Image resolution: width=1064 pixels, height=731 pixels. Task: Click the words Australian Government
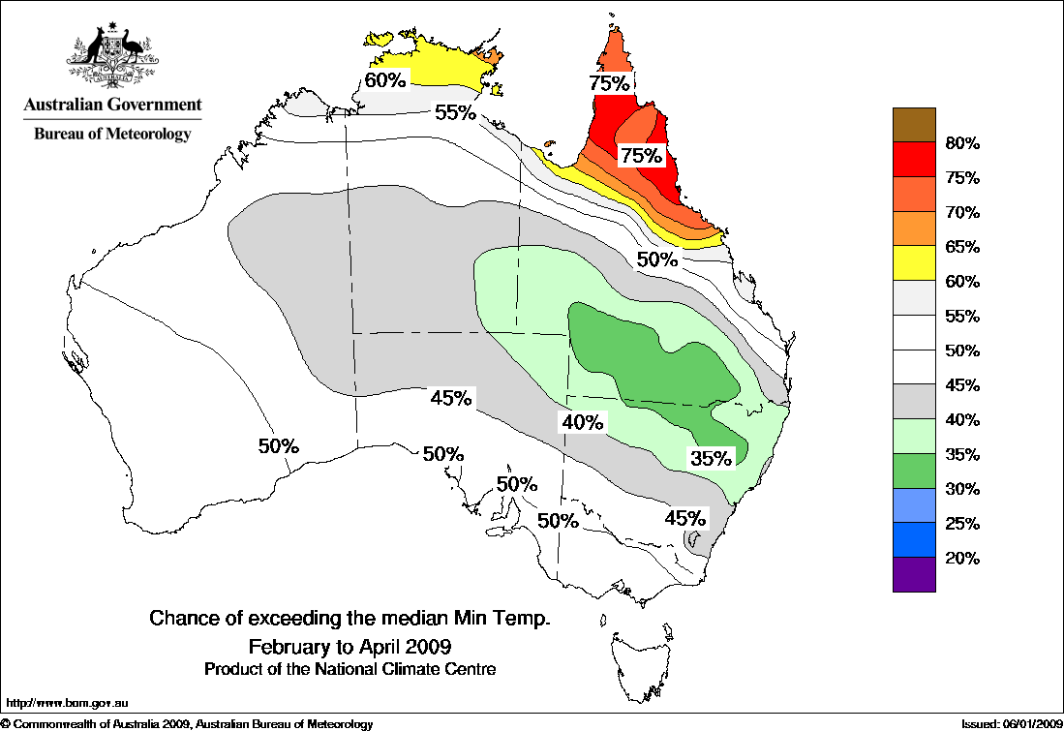click(113, 105)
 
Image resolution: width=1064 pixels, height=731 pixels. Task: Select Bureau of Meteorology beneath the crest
click(113, 135)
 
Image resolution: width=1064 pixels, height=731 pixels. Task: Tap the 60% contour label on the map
click(384, 78)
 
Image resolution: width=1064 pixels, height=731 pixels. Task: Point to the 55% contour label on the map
click(454, 112)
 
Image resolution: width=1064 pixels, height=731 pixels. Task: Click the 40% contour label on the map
click(582, 422)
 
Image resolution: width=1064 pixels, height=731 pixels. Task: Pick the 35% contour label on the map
click(711, 458)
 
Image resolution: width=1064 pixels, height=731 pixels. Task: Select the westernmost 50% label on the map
click(279, 446)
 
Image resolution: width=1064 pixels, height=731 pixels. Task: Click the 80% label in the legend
click(962, 144)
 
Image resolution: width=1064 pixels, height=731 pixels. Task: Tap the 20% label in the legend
click(962, 559)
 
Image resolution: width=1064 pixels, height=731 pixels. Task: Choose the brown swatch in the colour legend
click(914, 125)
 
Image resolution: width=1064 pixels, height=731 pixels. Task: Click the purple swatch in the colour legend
click(914, 574)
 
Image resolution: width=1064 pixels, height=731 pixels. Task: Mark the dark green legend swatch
click(914, 471)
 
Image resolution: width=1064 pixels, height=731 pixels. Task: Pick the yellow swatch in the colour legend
click(914, 263)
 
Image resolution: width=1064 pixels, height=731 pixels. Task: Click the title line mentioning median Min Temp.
click(350, 618)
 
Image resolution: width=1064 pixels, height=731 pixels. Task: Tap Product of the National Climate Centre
click(350, 669)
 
